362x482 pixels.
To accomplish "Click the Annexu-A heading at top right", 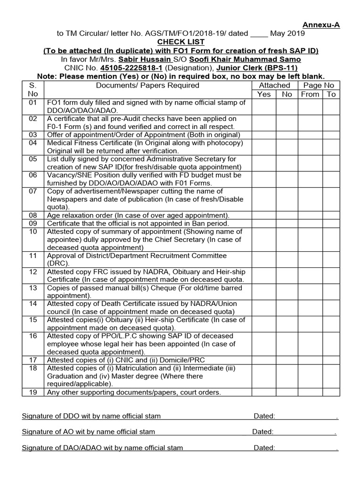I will click(x=321, y=25).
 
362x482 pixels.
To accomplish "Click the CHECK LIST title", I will click(x=181, y=42).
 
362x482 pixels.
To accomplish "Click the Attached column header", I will click(x=274, y=85).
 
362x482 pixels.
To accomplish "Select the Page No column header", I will click(x=319, y=85).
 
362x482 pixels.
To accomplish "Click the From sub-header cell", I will click(x=310, y=94).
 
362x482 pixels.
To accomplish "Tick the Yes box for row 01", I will click(x=264, y=106).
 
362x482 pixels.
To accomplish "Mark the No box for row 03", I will click(x=287, y=135).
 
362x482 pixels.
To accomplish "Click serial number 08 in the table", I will click(x=33, y=215).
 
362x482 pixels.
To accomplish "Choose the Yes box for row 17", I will click(x=264, y=361).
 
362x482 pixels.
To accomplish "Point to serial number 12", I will click(x=33, y=272).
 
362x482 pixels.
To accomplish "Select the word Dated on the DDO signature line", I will click(x=264, y=416).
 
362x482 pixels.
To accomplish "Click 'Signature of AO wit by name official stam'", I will click(x=89, y=432).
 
